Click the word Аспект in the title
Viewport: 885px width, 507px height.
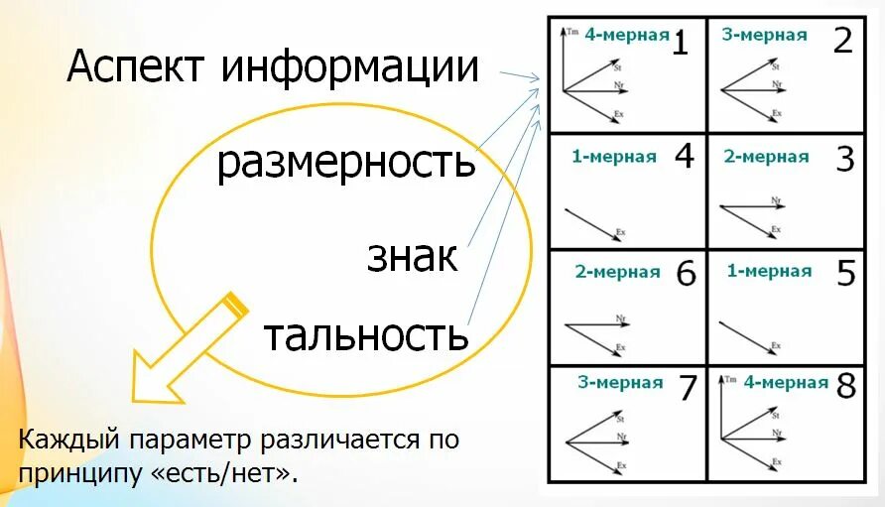(x=137, y=66)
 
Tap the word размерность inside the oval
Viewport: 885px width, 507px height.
(x=346, y=162)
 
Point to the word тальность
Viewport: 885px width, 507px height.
(x=365, y=335)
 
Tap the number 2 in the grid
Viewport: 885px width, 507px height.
(x=842, y=42)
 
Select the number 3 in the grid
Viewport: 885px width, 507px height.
(x=844, y=159)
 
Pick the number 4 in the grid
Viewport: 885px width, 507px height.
(x=684, y=157)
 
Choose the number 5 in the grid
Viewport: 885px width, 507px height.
(x=845, y=273)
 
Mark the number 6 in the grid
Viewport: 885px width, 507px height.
(x=686, y=274)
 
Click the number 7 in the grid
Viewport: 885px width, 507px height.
(x=688, y=388)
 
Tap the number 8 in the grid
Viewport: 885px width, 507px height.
(x=845, y=386)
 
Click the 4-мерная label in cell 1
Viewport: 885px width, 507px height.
(x=627, y=35)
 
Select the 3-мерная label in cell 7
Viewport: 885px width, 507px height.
(x=620, y=383)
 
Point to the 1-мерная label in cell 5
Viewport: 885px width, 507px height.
(x=769, y=271)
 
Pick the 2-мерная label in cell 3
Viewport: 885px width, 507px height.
(x=766, y=157)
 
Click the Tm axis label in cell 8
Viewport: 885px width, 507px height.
(x=732, y=380)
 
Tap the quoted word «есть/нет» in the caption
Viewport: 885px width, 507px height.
(x=224, y=472)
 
